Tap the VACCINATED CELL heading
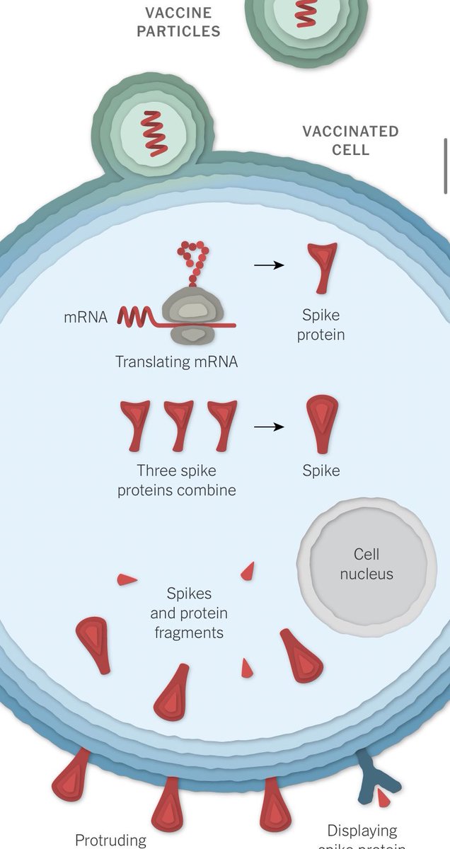[350, 141]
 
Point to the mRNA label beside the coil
[86, 318]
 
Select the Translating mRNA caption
[177, 362]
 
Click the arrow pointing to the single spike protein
[269, 265]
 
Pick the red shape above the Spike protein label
[321, 267]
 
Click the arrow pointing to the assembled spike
[269, 427]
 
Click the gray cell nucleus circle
[366, 564]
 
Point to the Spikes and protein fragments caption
[189, 613]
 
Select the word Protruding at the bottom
[110, 841]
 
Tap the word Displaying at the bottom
[362, 831]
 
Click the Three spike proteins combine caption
[177, 480]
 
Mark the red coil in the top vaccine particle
[306, 13]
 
